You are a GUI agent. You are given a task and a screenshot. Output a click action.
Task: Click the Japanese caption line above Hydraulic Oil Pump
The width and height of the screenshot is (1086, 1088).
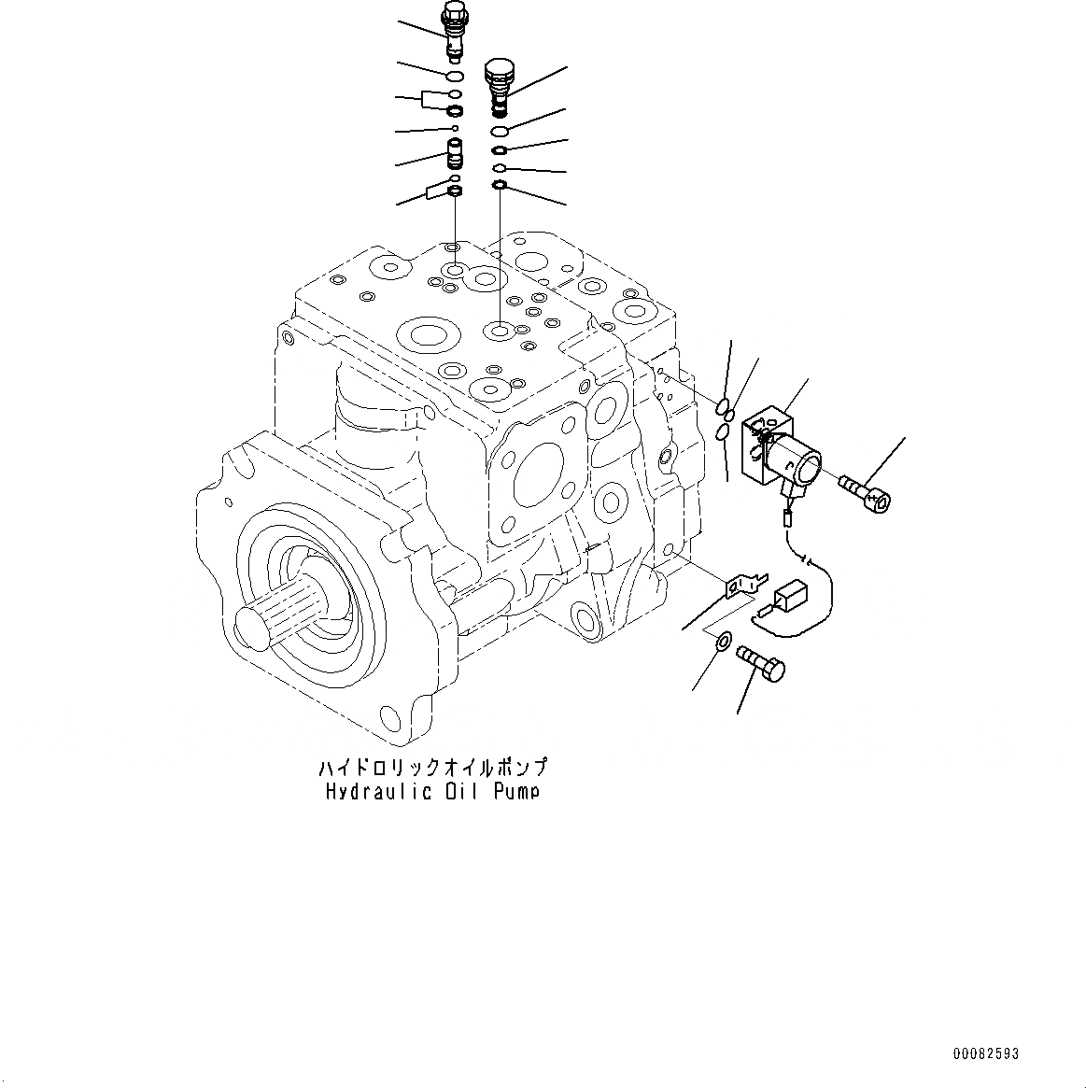point(432,768)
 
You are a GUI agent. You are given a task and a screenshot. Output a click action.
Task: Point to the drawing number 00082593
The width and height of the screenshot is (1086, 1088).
point(986,1053)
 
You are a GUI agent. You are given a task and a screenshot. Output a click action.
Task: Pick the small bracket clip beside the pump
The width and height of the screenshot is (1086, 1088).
point(743,586)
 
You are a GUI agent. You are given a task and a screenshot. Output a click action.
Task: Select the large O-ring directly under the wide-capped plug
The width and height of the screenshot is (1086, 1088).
point(500,130)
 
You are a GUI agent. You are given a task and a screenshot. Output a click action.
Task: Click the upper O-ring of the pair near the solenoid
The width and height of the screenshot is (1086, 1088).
point(726,406)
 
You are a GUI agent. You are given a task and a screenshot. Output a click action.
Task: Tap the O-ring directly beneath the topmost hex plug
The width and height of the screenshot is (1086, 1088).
point(455,76)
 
